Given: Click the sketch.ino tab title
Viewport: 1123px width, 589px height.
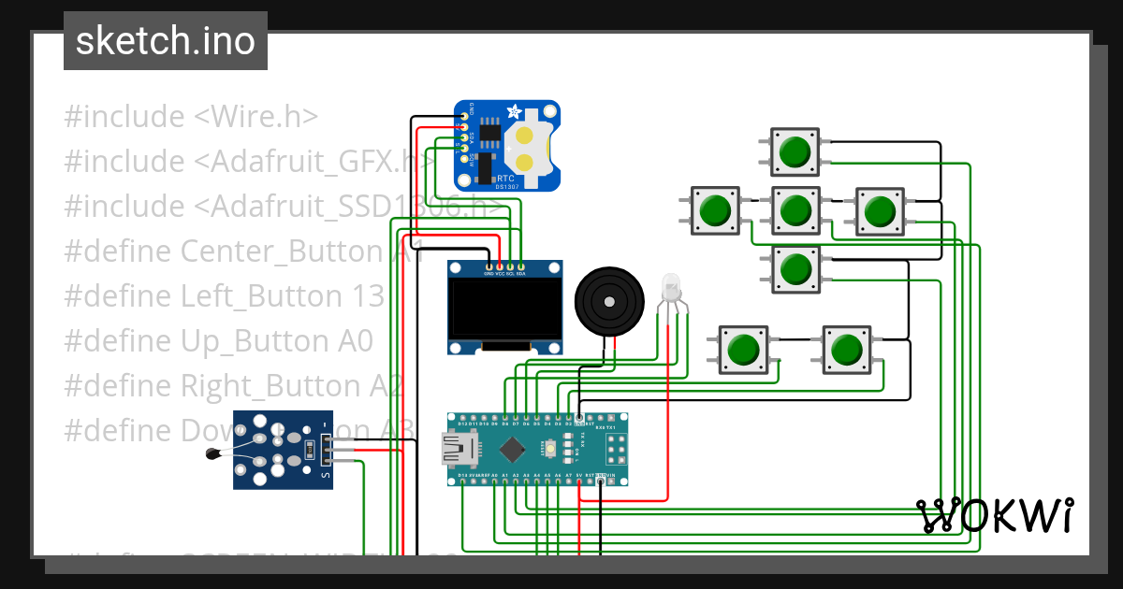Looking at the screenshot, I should point(165,41).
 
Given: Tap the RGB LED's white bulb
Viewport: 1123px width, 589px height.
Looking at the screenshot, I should point(671,285).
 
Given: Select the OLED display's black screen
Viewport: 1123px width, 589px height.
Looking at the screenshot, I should point(505,309).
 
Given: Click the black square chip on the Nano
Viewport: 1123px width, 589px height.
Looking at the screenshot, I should point(512,450).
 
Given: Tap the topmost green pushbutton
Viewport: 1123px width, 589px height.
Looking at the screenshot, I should point(795,152).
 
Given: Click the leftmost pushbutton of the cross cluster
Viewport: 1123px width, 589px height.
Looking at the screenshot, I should point(715,210).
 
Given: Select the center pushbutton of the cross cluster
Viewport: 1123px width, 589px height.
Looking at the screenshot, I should point(795,210).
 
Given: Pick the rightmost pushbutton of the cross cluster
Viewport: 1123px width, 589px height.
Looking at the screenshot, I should point(878,210).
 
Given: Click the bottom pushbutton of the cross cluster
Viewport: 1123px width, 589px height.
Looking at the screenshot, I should point(795,269).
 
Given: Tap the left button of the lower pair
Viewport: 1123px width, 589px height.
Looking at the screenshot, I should point(743,350).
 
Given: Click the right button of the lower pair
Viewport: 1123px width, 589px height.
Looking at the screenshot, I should point(846,350).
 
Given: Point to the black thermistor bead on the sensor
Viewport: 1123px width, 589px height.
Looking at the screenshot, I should point(212,455).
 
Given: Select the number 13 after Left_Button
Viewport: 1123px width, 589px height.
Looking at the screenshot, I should point(369,296).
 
